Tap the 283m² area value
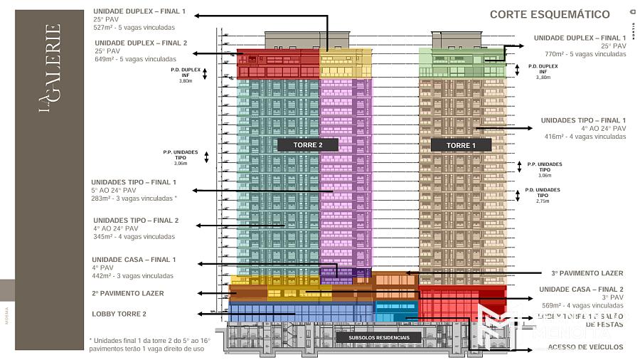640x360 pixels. point(102,198)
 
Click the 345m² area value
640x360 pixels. point(104,237)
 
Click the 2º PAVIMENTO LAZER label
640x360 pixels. point(127,293)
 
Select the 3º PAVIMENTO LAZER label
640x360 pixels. point(587,273)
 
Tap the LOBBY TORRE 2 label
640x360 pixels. point(119,314)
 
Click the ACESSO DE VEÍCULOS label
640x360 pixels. point(586,348)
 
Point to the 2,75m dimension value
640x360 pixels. point(543,202)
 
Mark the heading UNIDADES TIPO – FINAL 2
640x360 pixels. point(136,221)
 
